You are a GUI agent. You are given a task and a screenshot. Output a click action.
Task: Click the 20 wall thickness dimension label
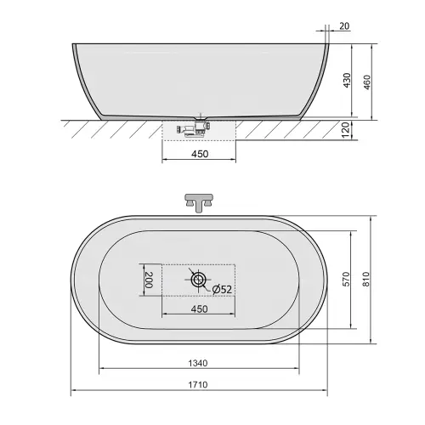click(x=344, y=26)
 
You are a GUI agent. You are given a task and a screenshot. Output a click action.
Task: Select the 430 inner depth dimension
click(x=347, y=80)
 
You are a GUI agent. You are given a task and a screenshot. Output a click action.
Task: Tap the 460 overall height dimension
click(x=366, y=82)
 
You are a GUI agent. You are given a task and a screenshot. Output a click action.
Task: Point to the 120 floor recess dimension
click(x=346, y=130)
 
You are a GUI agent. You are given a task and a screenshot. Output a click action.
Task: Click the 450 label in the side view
click(x=200, y=154)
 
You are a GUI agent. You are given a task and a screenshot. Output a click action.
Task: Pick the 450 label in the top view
click(x=199, y=309)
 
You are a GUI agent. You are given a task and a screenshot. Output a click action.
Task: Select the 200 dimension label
click(x=149, y=280)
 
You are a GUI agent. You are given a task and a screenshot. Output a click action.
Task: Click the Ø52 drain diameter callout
click(x=222, y=289)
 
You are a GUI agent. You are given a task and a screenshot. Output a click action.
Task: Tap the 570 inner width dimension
click(x=346, y=279)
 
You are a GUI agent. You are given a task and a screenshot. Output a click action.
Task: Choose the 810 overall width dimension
click(x=366, y=279)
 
